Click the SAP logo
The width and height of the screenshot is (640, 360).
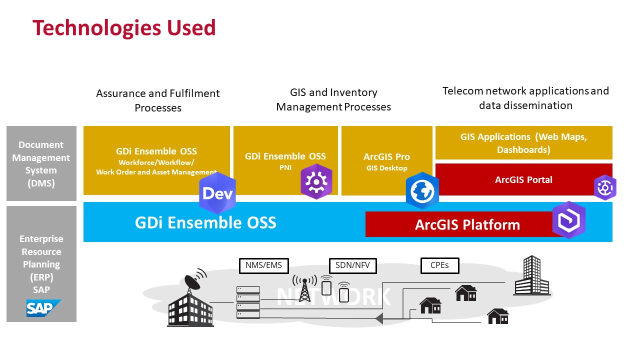[43, 308]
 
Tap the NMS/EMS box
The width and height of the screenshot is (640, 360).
[263, 265]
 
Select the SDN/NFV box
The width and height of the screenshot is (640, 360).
[352, 265]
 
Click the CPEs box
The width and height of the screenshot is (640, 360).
[439, 265]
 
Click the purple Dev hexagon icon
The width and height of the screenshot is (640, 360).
[217, 193]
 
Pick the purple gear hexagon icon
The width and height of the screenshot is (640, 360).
[316, 181]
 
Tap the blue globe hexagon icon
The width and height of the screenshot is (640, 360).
[422, 191]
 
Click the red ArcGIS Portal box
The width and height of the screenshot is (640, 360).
[523, 179]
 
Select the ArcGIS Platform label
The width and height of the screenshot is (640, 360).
[467, 224]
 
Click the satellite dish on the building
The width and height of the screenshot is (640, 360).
[195, 278]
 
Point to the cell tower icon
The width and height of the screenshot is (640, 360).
[304, 288]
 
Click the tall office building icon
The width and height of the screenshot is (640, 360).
[531, 275]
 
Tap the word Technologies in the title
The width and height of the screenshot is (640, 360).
[97, 28]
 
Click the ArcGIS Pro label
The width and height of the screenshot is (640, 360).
[386, 157]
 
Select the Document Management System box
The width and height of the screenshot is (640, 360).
[41, 163]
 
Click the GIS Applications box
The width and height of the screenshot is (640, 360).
[523, 142]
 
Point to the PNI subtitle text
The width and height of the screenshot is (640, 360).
[285, 167]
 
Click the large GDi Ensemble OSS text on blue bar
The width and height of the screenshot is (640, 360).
[205, 222]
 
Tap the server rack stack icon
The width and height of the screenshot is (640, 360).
[248, 302]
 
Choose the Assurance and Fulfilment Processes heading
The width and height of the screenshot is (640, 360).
[158, 100]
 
